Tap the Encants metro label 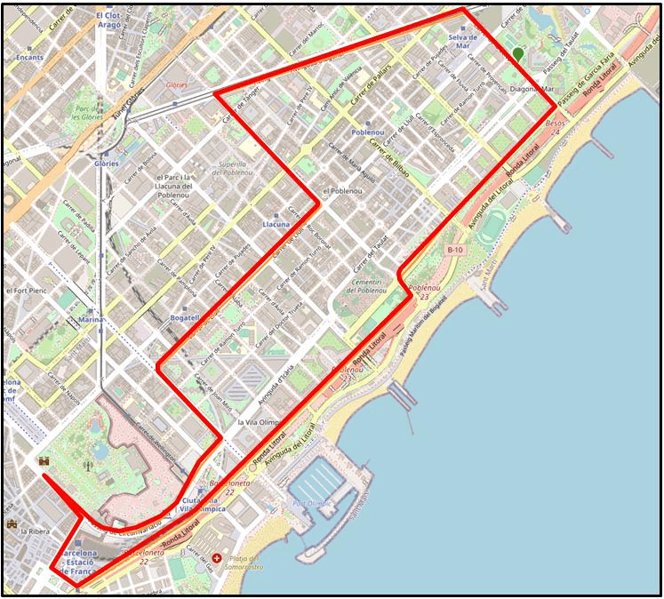point(29,57)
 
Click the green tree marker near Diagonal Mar point(518,54)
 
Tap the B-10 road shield point(455,250)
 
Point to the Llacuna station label point(276,225)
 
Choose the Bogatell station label point(184,317)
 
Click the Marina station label point(91,319)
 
